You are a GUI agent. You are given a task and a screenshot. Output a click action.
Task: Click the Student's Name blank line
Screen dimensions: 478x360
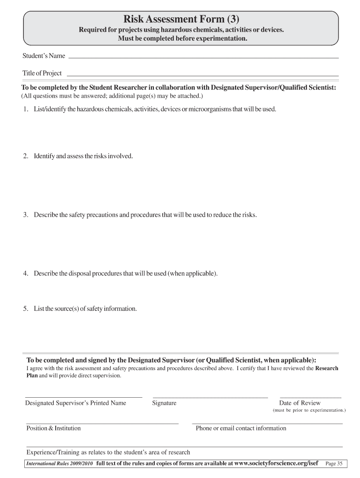(x=203, y=57)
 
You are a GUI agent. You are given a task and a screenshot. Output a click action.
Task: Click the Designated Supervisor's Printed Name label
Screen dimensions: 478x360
(x=75, y=403)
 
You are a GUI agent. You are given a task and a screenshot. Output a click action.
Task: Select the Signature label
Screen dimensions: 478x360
(x=164, y=403)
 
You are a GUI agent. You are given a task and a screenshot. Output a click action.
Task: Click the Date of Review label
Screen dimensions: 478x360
(x=300, y=403)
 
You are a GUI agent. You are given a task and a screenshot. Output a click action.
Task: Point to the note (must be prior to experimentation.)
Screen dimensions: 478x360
(x=309, y=410)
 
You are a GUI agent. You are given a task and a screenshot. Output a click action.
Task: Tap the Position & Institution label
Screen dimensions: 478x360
(x=53, y=428)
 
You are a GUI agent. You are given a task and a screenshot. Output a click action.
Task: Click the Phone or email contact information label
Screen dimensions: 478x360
(x=241, y=428)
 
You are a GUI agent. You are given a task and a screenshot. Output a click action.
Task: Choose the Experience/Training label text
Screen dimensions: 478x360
(x=108, y=452)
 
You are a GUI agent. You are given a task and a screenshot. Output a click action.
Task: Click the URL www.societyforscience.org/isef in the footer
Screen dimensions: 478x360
(x=276, y=464)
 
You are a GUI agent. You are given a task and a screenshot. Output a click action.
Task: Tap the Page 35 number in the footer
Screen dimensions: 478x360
(x=334, y=464)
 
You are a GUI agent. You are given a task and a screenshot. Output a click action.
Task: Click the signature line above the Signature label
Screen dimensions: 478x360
(x=210, y=397)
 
